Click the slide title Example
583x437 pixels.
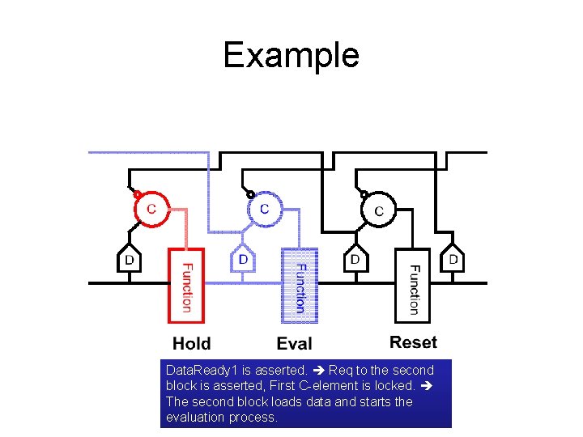[291, 55]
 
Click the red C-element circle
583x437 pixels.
[151, 208]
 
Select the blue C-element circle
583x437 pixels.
[264, 209]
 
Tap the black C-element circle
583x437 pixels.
[377, 210]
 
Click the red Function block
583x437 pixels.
[186, 286]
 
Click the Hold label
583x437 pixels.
[191, 344]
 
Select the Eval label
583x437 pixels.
[294, 344]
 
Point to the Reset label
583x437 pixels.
[413, 342]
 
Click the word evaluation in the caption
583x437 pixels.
[197, 418]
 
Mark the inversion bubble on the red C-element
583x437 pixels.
[138, 194]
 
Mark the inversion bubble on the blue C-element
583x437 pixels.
[251, 194]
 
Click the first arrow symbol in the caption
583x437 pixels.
[315, 370]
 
